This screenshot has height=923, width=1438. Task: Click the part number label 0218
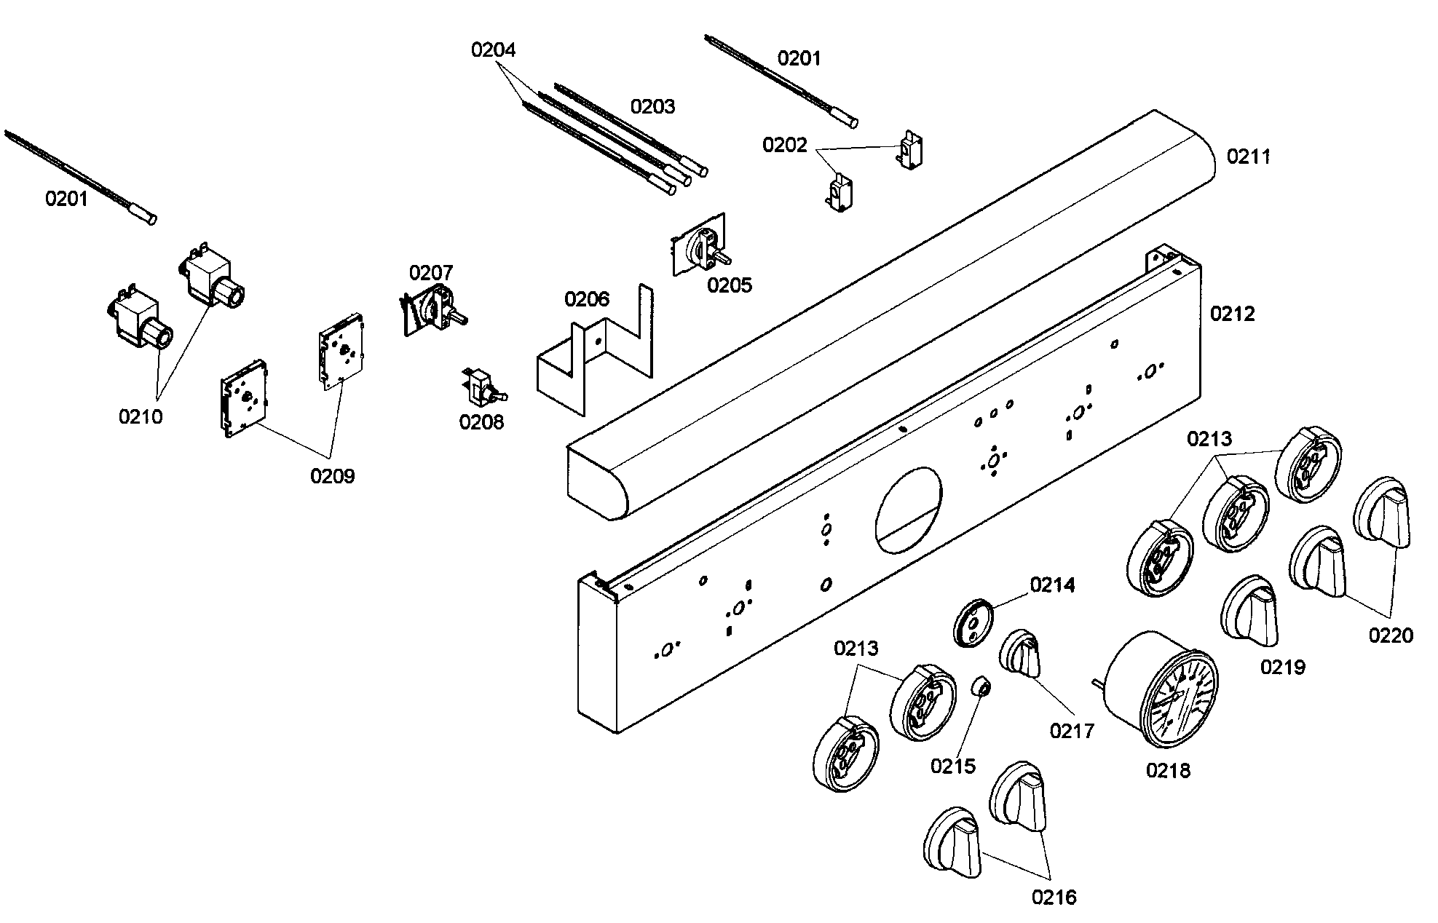point(1168,770)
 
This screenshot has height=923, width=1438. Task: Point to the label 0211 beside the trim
point(1248,157)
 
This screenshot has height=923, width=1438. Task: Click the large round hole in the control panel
point(908,510)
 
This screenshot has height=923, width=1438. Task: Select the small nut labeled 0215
point(981,686)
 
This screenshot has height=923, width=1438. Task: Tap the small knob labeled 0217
point(1021,654)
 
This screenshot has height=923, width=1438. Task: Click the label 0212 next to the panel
point(1233,314)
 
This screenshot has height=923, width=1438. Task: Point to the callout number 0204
point(493,50)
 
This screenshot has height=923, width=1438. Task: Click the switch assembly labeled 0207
point(431,310)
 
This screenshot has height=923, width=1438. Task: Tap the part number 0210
point(141,417)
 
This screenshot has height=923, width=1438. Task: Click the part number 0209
point(332,476)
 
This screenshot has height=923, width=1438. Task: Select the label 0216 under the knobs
point(1054,898)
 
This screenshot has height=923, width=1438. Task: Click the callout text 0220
point(1391,635)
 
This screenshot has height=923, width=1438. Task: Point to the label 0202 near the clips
point(785,146)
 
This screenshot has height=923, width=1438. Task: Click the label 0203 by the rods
point(652,107)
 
